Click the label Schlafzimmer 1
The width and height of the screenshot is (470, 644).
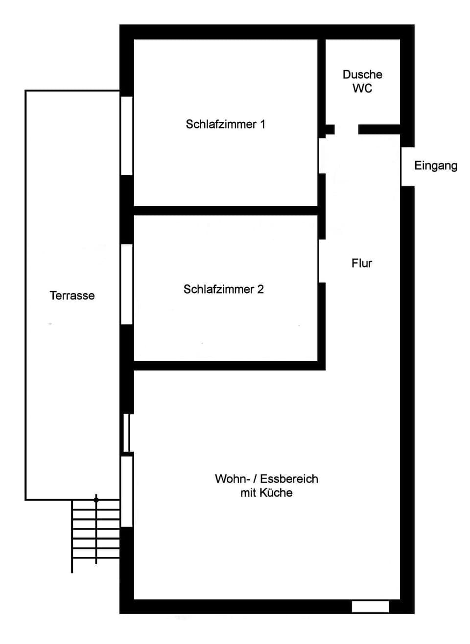click(x=225, y=124)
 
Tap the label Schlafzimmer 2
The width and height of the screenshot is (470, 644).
click(x=223, y=289)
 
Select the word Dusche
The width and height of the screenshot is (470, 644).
click(x=362, y=74)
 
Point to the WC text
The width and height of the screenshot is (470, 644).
click(x=362, y=89)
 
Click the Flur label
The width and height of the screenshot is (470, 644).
click(x=362, y=263)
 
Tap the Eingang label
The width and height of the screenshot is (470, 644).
click(x=436, y=165)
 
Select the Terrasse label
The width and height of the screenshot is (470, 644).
click(x=72, y=296)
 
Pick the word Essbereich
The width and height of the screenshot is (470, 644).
click(x=289, y=479)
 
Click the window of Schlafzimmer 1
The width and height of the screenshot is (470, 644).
click(x=127, y=136)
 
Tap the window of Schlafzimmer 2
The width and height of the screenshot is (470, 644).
click(x=127, y=284)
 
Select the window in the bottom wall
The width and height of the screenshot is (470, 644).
click(x=370, y=607)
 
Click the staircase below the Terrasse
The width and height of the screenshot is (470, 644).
click(x=96, y=533)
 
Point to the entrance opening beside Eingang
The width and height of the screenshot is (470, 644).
click(x=407, y=166)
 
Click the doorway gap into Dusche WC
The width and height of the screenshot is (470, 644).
click(x=347, y=130)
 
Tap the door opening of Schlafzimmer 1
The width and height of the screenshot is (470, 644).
click(x=322, y=156)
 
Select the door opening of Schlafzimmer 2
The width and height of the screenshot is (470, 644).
click(x=322, y=261)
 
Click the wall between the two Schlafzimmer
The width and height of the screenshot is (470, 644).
click(x=225, y=211)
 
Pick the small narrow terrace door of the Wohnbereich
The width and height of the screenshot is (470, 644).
click(x=126, y=433)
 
